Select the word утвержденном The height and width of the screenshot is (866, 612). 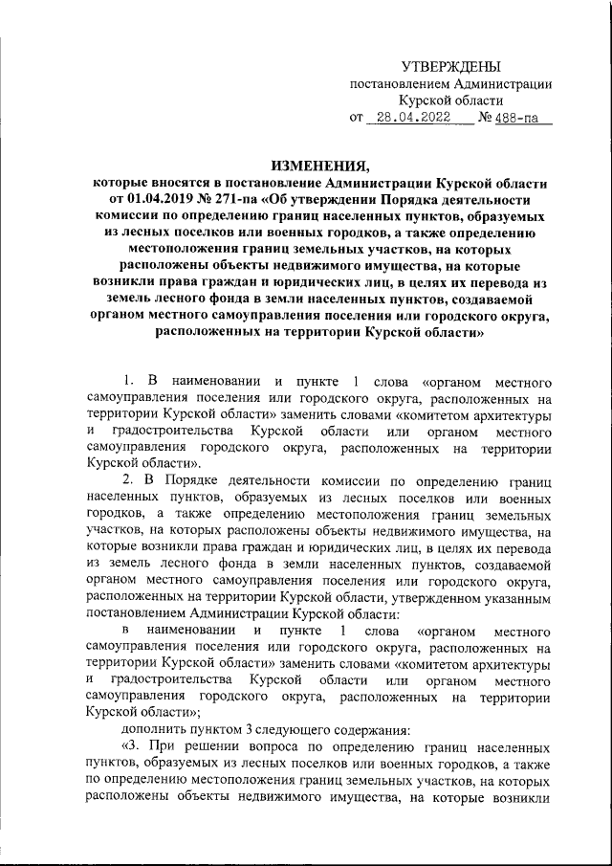[410, 599]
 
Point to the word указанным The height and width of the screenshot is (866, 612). [506, 599]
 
